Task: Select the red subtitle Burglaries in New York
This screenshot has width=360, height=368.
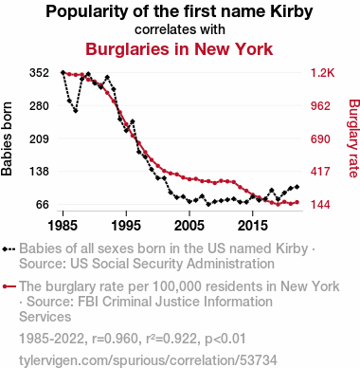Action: tap(179, 49)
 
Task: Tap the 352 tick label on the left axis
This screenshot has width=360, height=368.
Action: tap(40, 73)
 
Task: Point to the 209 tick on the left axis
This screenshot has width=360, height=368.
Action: tap(40, 138)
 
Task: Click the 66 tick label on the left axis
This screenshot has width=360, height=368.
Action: tap(43, 204)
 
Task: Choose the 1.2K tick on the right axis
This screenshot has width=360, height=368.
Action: tap(322, 73)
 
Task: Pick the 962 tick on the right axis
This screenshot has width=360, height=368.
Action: tap(320, 105)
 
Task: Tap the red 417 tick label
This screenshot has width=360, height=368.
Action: tap(320, 172)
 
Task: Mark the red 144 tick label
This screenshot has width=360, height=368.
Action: tap(320, 204)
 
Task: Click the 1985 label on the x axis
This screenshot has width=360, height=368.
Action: tap(63, 226)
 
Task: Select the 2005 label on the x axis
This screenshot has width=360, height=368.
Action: tap(189, 226)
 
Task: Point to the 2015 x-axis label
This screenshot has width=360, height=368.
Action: tap(252, 226)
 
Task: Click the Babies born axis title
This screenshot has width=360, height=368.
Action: tap(7, 138)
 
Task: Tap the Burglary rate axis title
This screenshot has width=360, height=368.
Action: tap(354, 138)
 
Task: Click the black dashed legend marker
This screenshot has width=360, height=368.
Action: tap(9, 249)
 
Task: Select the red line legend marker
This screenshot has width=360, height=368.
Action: tap(9, 286)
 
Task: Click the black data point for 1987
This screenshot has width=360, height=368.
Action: tap(76, 111)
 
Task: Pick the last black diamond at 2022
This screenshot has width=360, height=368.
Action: tap(297, 187)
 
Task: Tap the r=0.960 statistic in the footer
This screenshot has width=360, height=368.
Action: tap(115, 339)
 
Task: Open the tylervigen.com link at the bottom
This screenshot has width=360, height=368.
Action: tap(148, 360)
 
